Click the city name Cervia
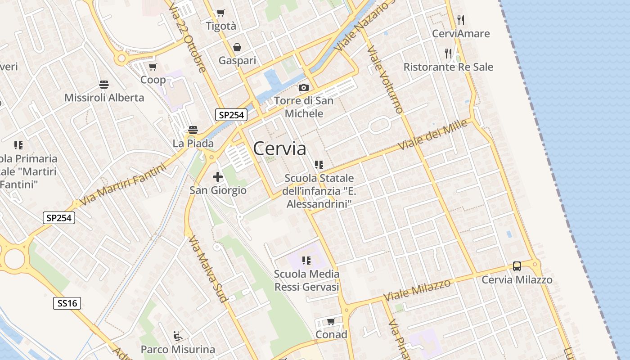click(279, 148)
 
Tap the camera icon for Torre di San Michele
click(304, 87)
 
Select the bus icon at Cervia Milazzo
click(517, 266)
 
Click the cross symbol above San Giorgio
click(218, 177)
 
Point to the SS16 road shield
click(67, 303)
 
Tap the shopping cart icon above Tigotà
click(220, 13)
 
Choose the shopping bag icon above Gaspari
click(237, 47)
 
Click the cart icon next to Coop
click(153, 67)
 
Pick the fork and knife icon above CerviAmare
click(460, 20)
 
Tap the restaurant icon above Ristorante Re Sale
click(448, 54)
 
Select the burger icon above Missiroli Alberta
click(104, 85)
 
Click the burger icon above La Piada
click(193, 130)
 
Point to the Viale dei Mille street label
click(433, 135)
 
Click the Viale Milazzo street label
click(417, 290)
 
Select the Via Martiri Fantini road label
click(122, 184)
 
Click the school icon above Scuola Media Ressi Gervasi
click(306, 261)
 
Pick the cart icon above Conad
click(331, 321)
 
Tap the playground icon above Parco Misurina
click(178, 336)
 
